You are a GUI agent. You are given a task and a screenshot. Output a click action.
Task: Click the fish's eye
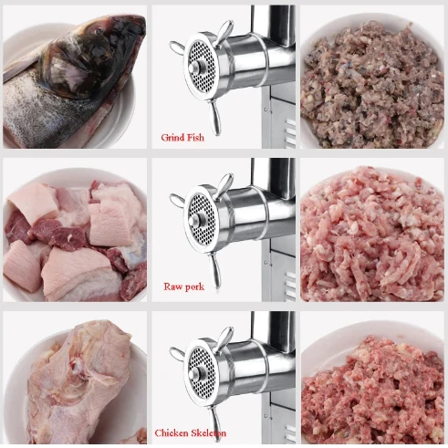click(99, 30)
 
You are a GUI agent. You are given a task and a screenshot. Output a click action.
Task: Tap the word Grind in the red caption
click(172, 138)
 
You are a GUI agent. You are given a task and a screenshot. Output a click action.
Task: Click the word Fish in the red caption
click(194, 138)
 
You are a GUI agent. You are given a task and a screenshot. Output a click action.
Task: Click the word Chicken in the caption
click(171, 432)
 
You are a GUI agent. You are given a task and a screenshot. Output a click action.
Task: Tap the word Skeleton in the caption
click(208, 432)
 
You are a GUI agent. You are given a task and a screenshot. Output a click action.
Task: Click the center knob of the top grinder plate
click(194, 68)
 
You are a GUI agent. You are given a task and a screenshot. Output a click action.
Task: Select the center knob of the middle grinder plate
click(194, 220)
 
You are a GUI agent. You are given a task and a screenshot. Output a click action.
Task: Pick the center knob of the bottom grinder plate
click(194, 374)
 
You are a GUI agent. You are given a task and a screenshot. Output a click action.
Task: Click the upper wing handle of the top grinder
click(224, 33)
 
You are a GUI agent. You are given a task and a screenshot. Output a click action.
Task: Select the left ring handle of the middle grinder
click(177, 200)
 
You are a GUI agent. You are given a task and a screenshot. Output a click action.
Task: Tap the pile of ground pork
click(372, 234)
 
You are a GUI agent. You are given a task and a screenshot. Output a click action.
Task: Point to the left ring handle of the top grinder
click(177, 47)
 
